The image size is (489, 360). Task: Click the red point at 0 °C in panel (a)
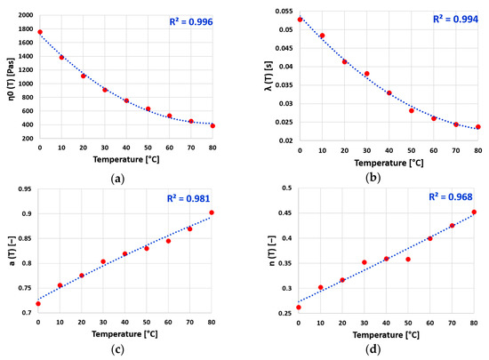[x=39, y=32]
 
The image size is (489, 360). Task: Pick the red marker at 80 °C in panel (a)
[x=212, y=125]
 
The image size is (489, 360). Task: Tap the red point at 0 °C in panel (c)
[x=38, y=304]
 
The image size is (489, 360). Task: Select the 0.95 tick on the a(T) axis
[x=22, y=189]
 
